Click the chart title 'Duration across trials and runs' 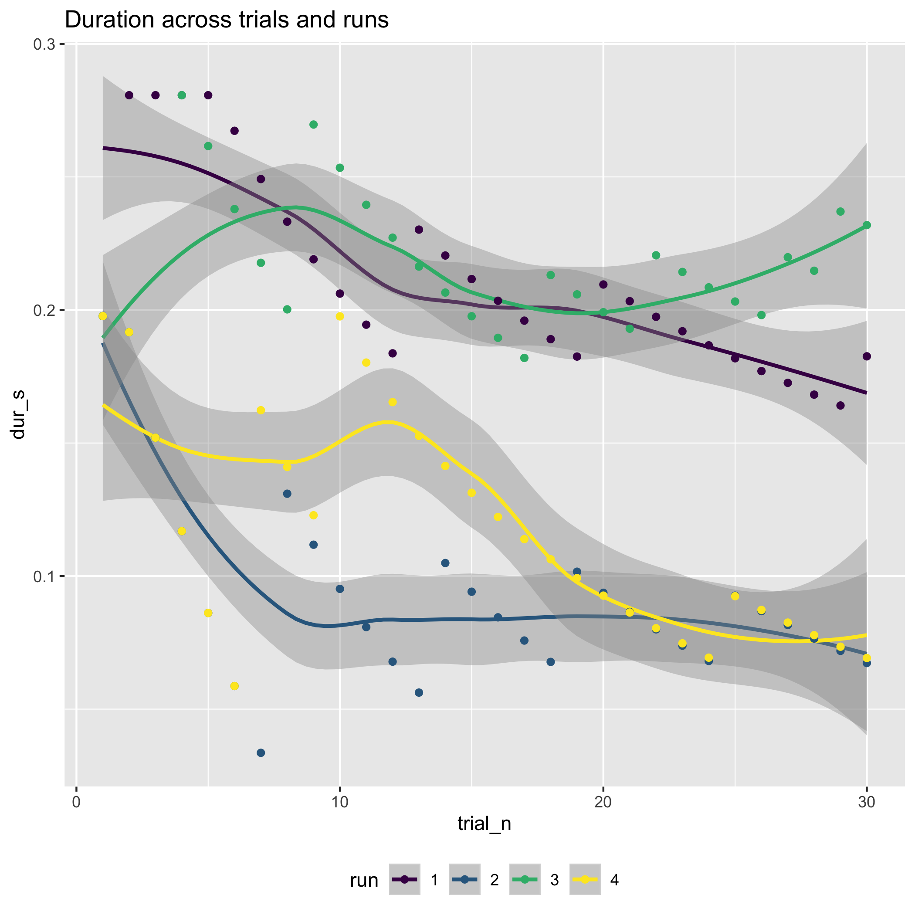click(x=227, y=20)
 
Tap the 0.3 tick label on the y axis click(x=44, y=44)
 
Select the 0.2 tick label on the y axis click(x=44, y=310)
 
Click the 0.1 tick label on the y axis click(x=44, y=576)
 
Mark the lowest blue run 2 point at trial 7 click(x=261, y=752)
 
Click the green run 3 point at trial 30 click(x=867, y=225)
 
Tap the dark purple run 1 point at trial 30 click(x=867, y=356)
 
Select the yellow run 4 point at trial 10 click(x=339, y=316)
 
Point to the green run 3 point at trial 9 click(x=313, y=125)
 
